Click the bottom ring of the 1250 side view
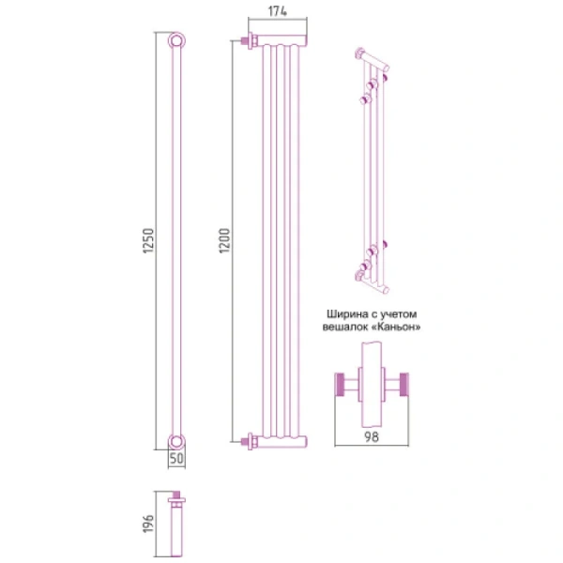coord(175,442)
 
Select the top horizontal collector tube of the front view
coord(281,41)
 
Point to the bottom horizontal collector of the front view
coord(281,438)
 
